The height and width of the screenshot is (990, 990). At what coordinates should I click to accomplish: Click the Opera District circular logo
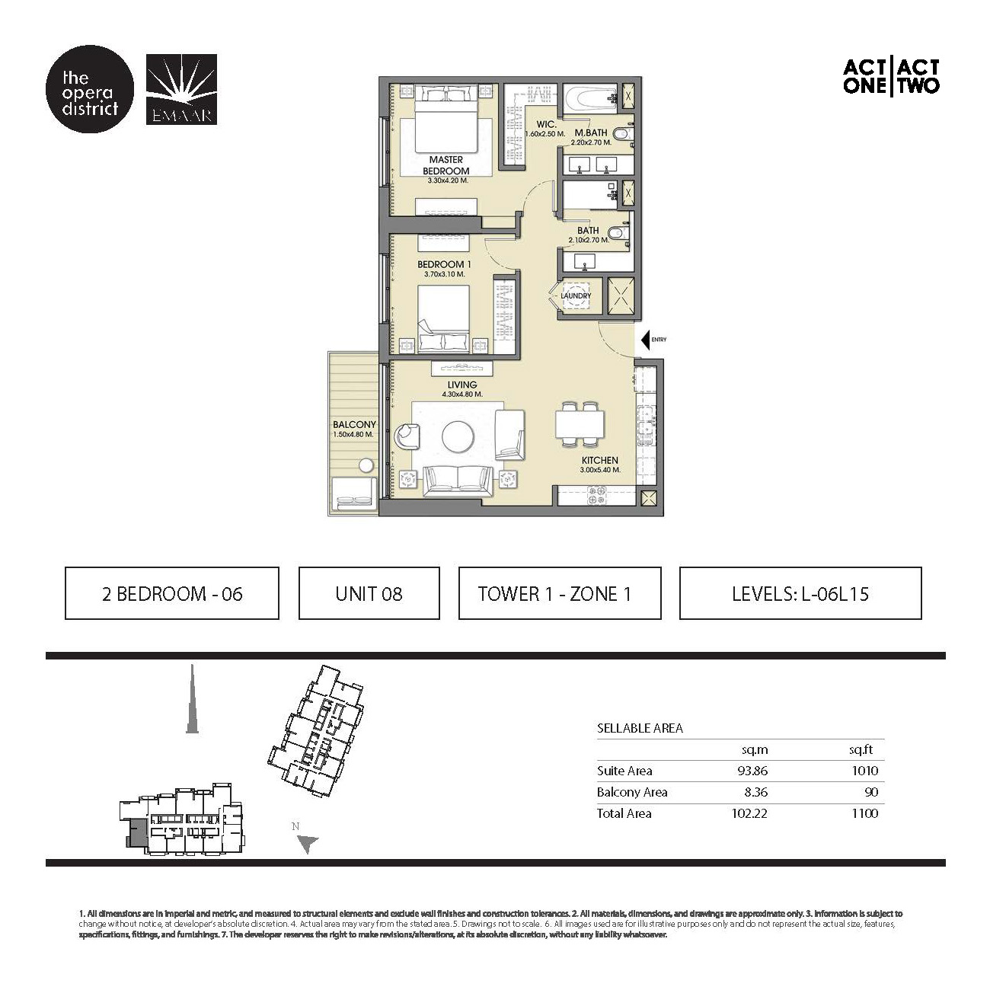[x=90, y=94]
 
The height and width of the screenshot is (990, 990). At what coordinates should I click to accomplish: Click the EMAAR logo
[x=180, y=89]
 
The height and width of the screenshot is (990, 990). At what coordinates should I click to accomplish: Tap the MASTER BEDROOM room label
[x=446, y=166]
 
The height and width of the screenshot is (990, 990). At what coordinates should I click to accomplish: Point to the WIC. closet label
[x=546, y=125]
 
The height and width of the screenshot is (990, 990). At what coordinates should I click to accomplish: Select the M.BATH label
[x=591, y=133]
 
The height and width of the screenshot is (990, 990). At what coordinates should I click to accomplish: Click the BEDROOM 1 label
[x=441, y=265]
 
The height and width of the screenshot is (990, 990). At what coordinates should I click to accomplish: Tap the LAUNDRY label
[x=576, y=295]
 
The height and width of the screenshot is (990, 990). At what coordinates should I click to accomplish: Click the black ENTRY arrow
[x=646, y=340]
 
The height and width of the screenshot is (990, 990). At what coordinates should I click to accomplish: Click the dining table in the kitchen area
[x=580, y=423]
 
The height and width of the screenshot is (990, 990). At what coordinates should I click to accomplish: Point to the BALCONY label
[x=354, y=425]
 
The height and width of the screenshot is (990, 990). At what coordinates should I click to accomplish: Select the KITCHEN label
[x=600, y=460]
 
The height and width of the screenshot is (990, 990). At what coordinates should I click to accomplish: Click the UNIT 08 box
[x=369, y=593]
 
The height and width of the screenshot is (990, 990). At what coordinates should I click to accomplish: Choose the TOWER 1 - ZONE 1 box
[x=559, y=593]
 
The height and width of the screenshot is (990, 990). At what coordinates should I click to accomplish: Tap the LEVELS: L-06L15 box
[x=800, y=593]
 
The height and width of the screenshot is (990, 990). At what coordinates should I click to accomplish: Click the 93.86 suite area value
[x=752, y=771]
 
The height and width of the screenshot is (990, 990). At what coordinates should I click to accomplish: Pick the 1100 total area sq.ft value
[x=864, y=813]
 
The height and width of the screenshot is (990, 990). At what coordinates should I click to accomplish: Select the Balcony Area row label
[x=632, y=792]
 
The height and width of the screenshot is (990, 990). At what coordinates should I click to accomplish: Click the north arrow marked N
[x=307, y=842]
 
